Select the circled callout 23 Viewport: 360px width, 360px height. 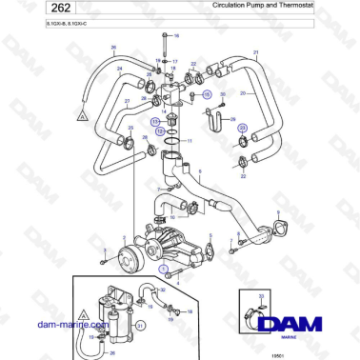pyautogui.click(x=242, y=127)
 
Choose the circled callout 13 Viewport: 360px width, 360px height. pyautogui.click(x=155, y=123)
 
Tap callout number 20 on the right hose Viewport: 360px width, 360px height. pyautogui.click(x=244, y=93)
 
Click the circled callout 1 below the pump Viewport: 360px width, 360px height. pyautogui.click(x=163, y=270)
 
